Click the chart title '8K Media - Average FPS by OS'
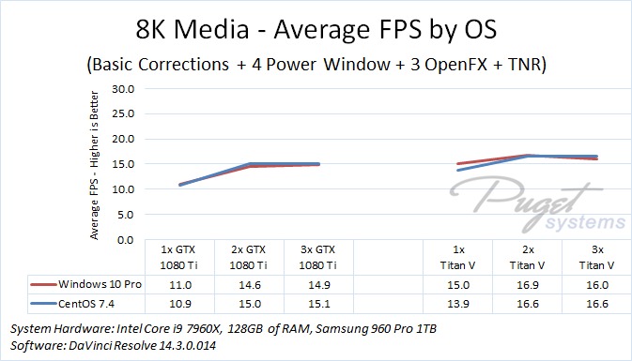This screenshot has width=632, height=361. coord(316,29)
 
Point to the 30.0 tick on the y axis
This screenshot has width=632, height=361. coord(123,89)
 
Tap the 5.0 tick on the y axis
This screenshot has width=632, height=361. coord(126,215)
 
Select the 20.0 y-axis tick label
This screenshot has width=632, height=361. coord(123,140)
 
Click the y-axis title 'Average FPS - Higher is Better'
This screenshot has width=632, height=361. coord(94,165)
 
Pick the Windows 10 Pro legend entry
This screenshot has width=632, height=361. coord(85,284)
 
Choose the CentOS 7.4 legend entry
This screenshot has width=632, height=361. coord(72,304)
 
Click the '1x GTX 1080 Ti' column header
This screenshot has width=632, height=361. coord(178,258)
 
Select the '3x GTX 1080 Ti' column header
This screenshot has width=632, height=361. coord(318,258)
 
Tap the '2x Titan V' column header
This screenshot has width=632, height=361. coord(527,258)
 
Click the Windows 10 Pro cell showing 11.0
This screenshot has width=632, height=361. coord(180,285)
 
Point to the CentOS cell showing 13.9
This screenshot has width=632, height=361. coord(458,304)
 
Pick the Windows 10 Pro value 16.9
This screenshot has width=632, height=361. coord(528,285)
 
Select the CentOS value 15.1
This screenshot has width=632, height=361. coord(319,304)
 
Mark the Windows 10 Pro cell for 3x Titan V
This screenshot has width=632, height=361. coord(597,285)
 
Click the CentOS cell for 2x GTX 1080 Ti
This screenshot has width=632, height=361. coord(250,304)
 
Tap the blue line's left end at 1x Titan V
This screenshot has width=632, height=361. coord(458,171)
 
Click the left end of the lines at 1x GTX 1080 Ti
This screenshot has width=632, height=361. coord(179,185)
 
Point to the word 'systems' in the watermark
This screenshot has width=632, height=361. coord(585,221)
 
